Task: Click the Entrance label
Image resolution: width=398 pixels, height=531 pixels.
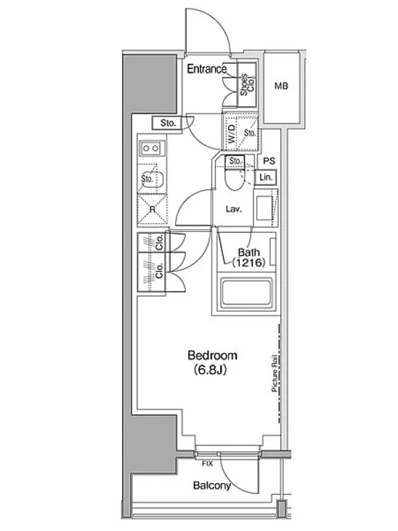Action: coord(207,69)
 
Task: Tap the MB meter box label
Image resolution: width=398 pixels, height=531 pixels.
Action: coord(281,86)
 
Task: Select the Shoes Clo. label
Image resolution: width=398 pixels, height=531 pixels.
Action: coord(247,85)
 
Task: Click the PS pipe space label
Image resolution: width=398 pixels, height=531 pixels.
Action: coord(269,161)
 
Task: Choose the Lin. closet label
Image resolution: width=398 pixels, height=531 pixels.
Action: coord(266,177)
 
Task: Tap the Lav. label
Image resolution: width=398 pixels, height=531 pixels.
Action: coord(234,209)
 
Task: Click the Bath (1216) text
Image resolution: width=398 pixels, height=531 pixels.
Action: coord(249,257)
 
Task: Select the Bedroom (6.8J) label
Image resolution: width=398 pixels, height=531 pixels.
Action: coord(212,362)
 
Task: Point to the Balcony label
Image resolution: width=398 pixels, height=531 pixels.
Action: coord(212,486)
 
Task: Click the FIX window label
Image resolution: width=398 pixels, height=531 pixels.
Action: coord(208,463)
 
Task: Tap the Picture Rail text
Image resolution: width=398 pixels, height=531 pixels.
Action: coord(275,374)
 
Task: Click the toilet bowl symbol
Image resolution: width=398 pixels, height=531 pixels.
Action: coord(233,179)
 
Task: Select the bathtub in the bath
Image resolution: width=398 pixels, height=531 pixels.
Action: coord(245,293)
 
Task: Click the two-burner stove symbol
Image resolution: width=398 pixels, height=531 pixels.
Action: coord(151,148)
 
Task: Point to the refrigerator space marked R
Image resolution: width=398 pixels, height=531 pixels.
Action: coord(153,209)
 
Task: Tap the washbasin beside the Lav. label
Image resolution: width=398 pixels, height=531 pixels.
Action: coord(265,207)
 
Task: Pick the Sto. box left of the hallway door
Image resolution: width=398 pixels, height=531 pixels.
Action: coord(168,123)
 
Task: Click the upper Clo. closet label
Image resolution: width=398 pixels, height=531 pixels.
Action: coord(159,242)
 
